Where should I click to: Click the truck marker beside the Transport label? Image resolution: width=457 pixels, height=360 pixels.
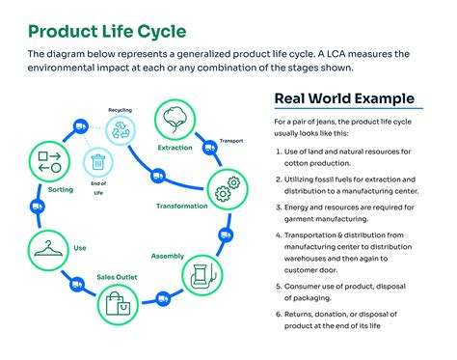(208, 147)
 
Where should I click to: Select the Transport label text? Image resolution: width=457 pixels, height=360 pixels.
(232, 141)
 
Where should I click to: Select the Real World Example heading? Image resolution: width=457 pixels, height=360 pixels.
(344, 98)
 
